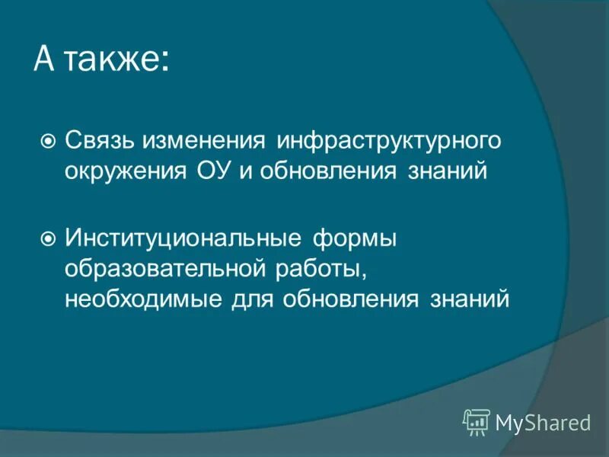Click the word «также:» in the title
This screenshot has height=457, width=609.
pyautogui.click(x=116, y=60)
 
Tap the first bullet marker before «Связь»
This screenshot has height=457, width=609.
pyautogui.click(x=48, y=141)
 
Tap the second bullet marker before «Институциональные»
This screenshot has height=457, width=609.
pyautogui.click(x=48, y=240)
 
